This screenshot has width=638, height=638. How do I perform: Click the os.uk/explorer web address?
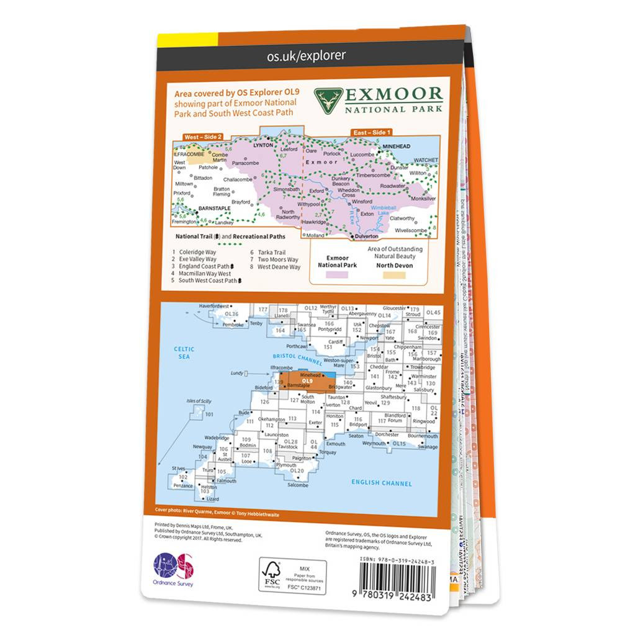[306, 56]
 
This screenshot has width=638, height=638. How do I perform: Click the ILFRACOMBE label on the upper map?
[189, 153]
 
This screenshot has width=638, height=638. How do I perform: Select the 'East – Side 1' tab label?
[371, 132]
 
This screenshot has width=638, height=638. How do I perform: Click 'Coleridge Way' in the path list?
[199, 253]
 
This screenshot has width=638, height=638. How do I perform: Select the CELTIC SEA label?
[184, 353]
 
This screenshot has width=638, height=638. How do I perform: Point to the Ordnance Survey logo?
[174, 570]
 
